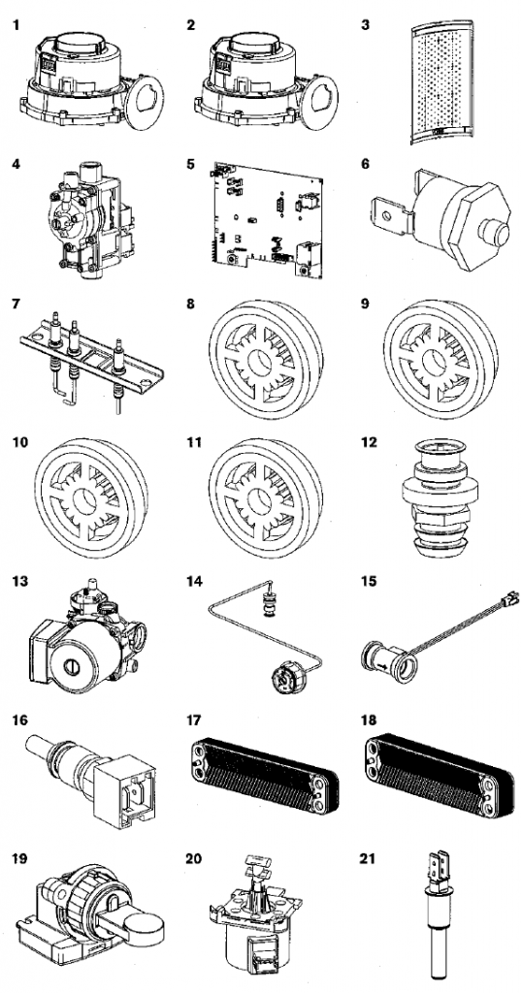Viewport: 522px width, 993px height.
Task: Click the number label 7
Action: pos(16,304)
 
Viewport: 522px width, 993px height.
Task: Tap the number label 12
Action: pos(369,442)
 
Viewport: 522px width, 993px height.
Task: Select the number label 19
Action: pos(19,859)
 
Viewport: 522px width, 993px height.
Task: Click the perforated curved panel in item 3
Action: pos(441,81)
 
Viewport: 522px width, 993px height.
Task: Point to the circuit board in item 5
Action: pos(266,218)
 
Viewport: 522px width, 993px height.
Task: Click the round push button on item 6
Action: pos(494,233)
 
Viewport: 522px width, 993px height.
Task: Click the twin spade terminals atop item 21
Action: pos(440,868)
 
